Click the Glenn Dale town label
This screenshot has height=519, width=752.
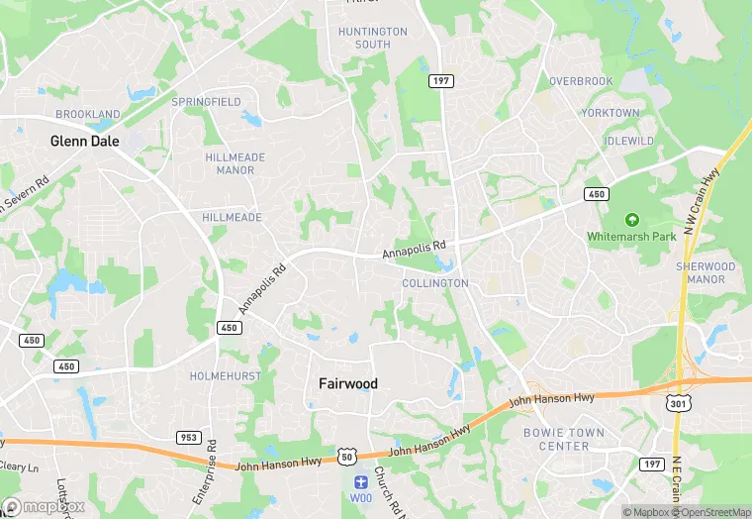[85, 142]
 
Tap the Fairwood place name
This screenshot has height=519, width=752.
[347, 383]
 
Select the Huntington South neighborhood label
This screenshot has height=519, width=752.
[372, 38]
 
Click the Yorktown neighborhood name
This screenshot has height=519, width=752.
[610, 113]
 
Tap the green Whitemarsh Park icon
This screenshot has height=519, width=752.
[631, 220]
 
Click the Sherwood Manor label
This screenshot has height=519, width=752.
[705, 273]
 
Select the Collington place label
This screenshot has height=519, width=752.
[434, 283]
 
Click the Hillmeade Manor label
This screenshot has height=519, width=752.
[230, 163]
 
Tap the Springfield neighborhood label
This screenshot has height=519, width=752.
[206, 102]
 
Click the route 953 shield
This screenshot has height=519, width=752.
[188, 437]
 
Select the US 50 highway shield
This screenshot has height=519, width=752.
[346, 456]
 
